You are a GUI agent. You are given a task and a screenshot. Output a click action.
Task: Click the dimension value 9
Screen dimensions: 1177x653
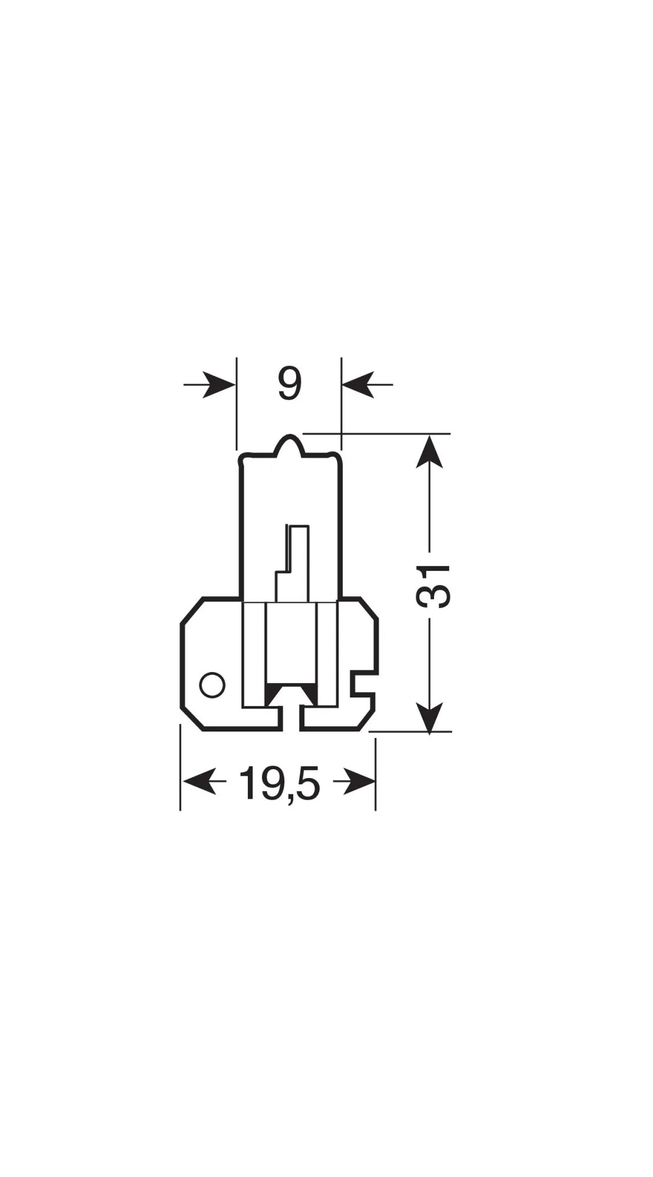point(290,385)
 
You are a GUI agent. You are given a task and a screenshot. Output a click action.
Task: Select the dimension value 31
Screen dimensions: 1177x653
point(433,586)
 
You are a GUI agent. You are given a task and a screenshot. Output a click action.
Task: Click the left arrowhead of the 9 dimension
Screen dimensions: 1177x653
point(220,385)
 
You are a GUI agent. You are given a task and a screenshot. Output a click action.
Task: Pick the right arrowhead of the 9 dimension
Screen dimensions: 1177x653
point(357,385)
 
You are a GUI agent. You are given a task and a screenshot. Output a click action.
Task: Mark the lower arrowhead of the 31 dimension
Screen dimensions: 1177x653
point(430,716)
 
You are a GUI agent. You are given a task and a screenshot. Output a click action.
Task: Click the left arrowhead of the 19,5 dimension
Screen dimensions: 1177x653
point(198,782)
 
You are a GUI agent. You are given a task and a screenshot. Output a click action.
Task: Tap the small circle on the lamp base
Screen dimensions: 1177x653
point(212,685)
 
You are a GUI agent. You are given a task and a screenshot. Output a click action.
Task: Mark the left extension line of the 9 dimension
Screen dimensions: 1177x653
point(236,406)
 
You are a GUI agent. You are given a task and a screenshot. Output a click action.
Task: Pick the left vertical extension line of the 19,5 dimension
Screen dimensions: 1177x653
point(180,771)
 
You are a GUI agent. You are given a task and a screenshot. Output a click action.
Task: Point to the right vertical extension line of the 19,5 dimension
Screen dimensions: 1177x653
point(376,771)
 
